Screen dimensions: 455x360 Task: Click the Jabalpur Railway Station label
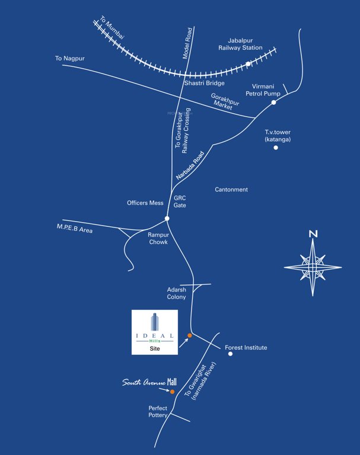pos(240,44)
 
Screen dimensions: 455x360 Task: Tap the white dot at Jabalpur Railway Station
pos(248,63)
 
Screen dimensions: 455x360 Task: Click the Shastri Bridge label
pos(204,84)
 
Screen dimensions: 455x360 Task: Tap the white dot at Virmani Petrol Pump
pos(273,102)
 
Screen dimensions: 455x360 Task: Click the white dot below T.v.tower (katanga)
pos(276,148)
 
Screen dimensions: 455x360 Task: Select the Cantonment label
pos(231,190)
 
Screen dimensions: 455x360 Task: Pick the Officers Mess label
pos(145,203)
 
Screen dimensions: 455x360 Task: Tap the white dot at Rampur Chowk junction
pos(167,219)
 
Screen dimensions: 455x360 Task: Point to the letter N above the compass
pos(313,234)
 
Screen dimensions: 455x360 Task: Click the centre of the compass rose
pos(313,267)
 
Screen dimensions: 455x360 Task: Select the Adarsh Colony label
pos(176,293)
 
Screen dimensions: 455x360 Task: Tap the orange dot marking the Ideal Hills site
pos(190,336)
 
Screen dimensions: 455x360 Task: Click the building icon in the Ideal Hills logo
pos(155,322)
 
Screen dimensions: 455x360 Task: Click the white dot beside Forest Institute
pos(231,354)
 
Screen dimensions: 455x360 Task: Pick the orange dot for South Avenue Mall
pos(172,392)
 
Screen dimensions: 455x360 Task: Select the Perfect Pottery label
pos(158,412)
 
